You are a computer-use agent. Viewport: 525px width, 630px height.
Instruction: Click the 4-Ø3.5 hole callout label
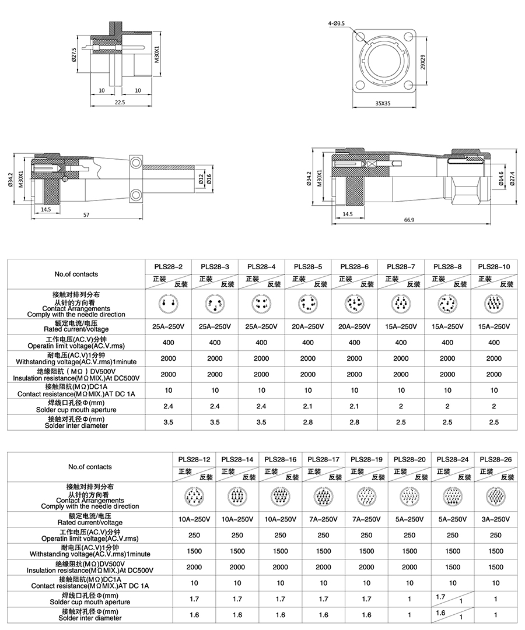(x=337, y=23)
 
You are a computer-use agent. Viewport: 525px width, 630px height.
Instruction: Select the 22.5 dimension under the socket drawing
(x=120, y=102)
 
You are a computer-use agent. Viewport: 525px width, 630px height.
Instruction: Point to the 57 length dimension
(x=86, y=215)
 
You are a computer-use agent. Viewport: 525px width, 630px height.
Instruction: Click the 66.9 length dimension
(x=408, y=220)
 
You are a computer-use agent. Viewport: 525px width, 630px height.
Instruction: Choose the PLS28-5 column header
(x=308, y=266)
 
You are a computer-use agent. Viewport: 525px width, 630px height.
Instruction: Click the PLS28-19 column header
(x=366, y=459)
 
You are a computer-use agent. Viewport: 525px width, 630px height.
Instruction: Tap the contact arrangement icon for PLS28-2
(x=168, y=304)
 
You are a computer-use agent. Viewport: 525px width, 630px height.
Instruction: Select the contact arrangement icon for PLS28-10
(x=494, y=304)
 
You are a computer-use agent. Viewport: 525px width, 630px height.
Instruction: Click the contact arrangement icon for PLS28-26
(x=496, y=497)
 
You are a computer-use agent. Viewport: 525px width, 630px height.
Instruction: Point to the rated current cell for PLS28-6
(x=355, y=327)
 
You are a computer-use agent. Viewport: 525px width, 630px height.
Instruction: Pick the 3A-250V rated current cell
(x=496, y=519)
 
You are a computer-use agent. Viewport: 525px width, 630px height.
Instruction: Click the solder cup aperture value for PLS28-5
(x=308, y=406)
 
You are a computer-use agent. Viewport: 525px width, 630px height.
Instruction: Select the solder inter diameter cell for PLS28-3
(x=215, y=421)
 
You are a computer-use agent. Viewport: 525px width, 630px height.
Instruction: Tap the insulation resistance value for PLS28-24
(x=453, y=566)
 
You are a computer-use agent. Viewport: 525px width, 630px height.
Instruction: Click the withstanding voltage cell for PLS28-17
(x=323, y=551)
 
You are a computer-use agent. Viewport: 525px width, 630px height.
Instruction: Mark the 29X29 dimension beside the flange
(x=422, y=62)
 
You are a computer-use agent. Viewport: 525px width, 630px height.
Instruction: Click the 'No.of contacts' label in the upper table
(x=76, y=274)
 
